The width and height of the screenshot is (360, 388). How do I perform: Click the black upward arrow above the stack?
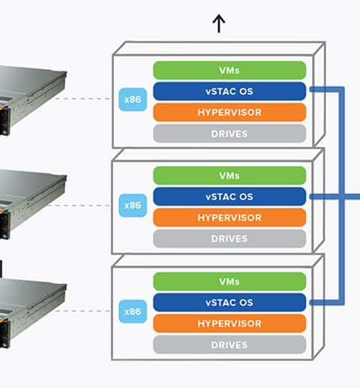219,23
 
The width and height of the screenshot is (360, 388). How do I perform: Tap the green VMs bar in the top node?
229,71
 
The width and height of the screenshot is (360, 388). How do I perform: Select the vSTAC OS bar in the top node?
229,92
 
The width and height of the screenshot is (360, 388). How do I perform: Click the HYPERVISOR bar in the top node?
229,113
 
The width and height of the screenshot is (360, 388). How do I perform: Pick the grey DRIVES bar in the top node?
229,134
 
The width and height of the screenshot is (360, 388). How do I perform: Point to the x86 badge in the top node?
133,99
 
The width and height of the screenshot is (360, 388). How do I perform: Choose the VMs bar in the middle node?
229,176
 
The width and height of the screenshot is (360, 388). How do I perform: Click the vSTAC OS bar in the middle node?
229,197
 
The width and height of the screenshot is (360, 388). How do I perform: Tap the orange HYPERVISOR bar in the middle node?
229,218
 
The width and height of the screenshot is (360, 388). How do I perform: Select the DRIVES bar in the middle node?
229,239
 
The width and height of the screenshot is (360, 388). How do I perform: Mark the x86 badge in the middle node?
133,206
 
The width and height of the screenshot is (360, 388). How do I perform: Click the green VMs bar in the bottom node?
229,281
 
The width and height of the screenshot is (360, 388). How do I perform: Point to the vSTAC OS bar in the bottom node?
229,302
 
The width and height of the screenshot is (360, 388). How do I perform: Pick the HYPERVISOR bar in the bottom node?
229,323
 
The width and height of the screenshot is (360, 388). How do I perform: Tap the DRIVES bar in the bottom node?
229,344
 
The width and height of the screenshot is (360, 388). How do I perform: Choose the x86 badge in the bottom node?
133,311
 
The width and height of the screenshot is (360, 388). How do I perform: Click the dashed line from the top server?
82,98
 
